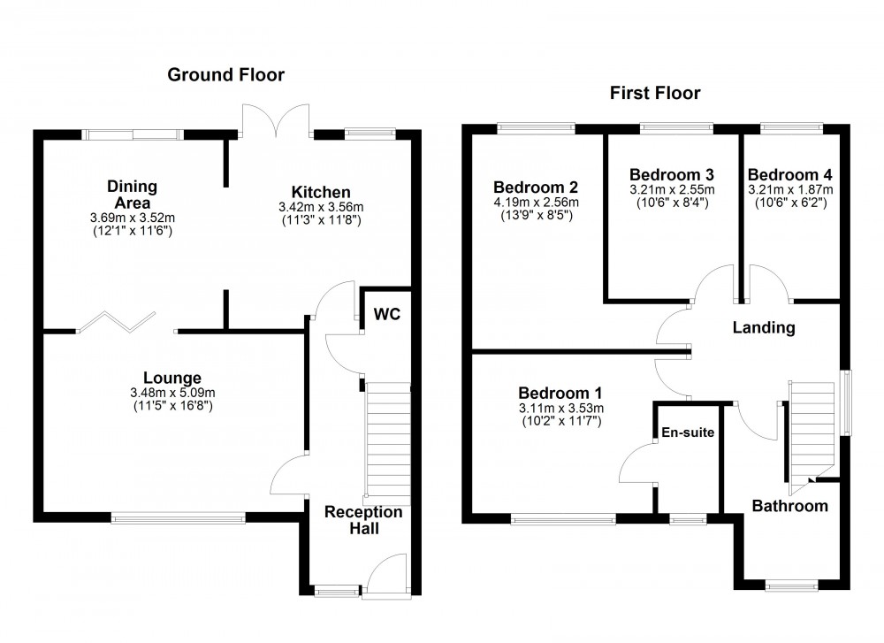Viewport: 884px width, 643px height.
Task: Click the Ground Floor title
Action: click(226, 75)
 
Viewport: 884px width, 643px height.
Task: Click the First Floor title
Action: click(655, 93)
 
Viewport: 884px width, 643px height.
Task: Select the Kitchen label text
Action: click(321, 192)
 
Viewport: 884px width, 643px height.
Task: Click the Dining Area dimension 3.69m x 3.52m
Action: click(133, 217)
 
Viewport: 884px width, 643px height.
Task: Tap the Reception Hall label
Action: click(362, 520)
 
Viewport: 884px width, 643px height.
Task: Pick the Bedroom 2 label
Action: click(536, 188)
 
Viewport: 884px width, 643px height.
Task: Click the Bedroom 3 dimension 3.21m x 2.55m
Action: click(672, 189)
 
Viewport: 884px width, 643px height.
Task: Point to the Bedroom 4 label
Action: click(789, 174)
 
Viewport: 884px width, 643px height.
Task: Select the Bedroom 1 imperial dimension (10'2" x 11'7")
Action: click(560, 421)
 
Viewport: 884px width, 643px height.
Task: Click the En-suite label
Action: click(688, 432)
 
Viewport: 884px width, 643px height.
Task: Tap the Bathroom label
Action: click(789, 506)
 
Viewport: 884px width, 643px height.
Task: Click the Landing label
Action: click(764, 327)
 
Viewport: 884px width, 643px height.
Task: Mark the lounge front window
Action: click(178, 517)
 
